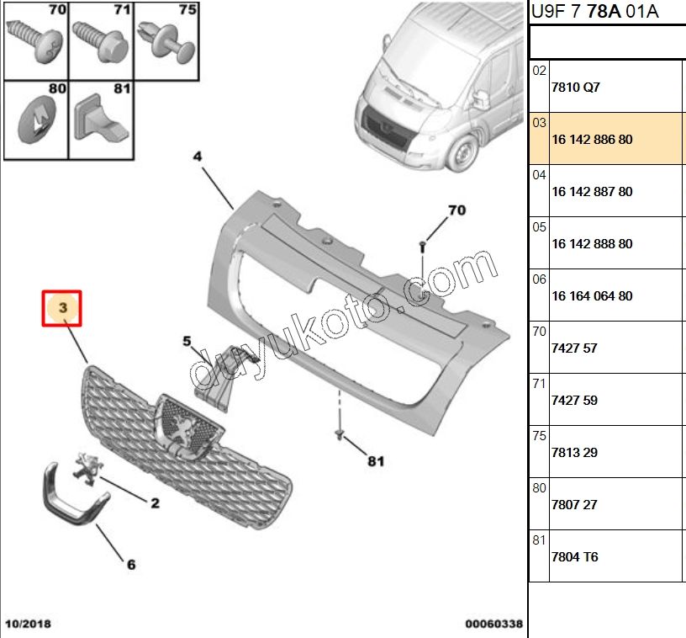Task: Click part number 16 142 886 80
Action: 592,139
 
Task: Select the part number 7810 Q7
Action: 575,88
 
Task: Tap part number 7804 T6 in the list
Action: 574,556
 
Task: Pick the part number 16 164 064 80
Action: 592,296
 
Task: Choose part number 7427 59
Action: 574,401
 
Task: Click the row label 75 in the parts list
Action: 539,436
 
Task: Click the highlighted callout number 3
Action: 62,307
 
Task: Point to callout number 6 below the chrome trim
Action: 131,565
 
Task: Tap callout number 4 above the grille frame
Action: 198,157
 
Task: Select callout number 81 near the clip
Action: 376,461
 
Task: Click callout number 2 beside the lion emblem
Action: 155,503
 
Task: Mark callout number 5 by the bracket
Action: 187,341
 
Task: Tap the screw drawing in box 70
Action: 35,40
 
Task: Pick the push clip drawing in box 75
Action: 166,40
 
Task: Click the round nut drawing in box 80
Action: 37,120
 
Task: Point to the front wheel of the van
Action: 464,153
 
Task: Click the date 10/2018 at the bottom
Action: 28,624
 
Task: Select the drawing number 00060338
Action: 494,624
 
